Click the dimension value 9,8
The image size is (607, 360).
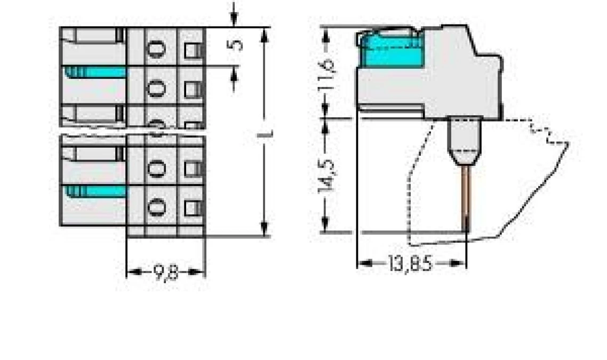click(165, 273)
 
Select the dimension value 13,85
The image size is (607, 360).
click(411, 263)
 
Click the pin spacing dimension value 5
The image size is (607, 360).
click(236, 44)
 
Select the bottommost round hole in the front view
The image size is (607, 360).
click(156, 206)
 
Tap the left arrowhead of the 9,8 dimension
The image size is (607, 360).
click(132, 273)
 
